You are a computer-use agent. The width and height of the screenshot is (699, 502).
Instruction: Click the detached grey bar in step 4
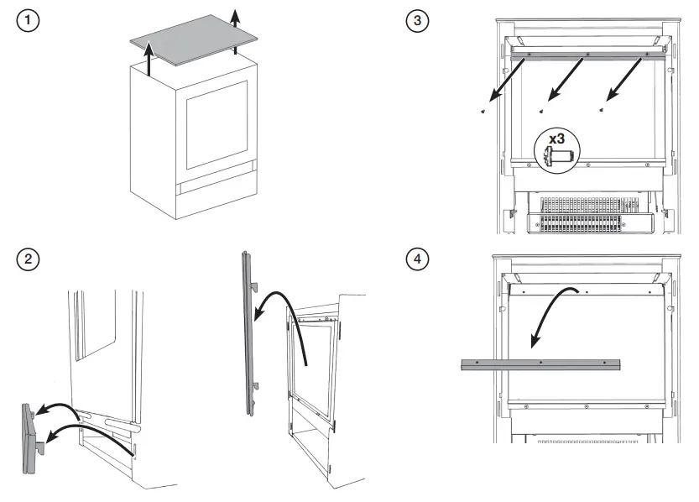point(540,364)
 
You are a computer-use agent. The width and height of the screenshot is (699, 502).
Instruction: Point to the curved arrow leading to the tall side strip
point(285,315)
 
